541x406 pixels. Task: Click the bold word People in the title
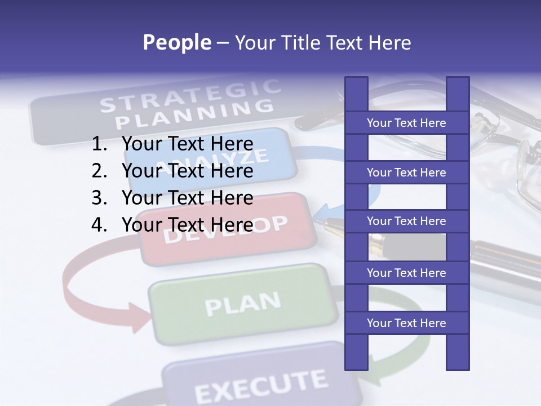click(x=176, y=42)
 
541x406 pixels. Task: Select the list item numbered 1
click(x=172, y=144)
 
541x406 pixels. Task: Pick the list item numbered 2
click(x=172, y=171)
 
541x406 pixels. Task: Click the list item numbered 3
click(x=172, y=198)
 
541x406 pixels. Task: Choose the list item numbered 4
click(x=172, y=225)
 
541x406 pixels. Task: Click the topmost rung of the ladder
click(x=406, y=123)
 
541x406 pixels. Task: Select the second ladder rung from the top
click(x=406, y=173)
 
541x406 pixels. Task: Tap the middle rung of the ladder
click(x=406, y=221)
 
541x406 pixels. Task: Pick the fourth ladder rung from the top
click(x=406, y=273)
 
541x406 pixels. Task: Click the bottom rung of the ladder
click(x=406, y=323)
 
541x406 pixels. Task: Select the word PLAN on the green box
click(x=242, y=304)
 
